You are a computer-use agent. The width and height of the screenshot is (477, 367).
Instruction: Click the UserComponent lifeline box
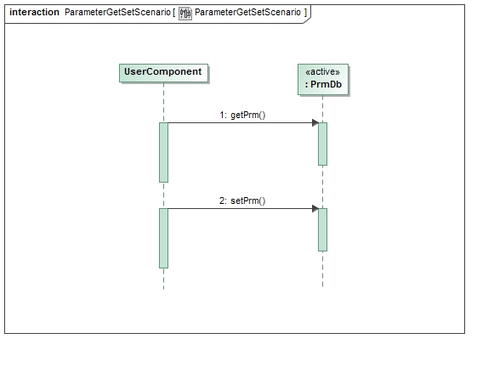click(162, 72)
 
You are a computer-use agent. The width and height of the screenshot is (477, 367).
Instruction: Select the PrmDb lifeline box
click(322, 78)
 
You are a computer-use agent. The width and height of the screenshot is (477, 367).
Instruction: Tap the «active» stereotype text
click(322, 72)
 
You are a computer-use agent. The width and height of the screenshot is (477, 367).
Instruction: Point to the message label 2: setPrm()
click(242, 200)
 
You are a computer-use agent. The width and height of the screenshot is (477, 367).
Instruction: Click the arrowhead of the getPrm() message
click(315, 123)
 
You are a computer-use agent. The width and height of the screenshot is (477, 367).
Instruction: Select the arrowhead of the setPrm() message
click(315, 208)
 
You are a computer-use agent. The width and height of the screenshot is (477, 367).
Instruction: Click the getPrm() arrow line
click(238, 123)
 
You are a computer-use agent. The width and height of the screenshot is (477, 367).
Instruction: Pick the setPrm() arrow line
click(238, 208)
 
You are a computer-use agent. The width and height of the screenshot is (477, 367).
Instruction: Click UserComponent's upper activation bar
click(163, 152)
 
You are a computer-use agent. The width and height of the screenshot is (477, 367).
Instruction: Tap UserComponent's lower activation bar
click(163, 238)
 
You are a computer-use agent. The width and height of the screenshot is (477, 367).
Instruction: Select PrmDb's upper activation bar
click(322, 144)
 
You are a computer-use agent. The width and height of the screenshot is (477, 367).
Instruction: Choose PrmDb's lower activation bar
click(322, 229)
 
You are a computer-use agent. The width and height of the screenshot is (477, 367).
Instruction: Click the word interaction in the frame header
click(34, 13)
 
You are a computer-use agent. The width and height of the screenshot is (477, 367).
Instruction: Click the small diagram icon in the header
click(185, 13)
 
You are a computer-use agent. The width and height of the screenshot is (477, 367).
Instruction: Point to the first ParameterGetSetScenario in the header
click(116, 13)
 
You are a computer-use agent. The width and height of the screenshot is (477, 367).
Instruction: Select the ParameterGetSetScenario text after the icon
click(247, 13)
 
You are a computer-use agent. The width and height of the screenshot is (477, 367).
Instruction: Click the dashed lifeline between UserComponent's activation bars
click(163, 195)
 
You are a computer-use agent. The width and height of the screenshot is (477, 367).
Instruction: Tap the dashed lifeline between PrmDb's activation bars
click(322, 187)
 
